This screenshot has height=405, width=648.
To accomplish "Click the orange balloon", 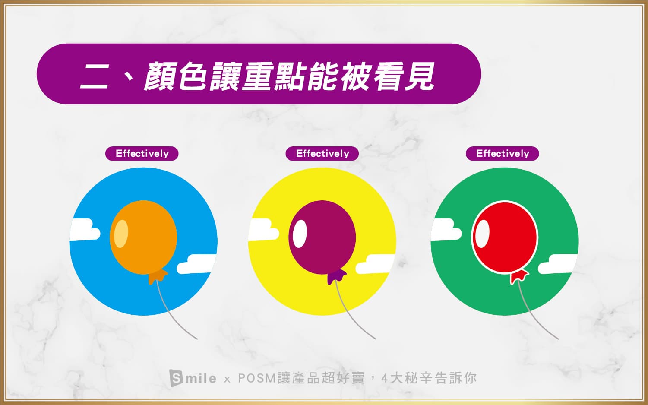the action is coord(143,237).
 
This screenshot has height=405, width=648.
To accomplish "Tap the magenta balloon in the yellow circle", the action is coord(322,237).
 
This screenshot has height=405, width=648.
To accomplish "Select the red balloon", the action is coord(505,237).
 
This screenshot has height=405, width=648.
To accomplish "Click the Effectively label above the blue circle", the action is coord(142,154).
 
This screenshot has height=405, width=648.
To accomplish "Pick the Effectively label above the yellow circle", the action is coord(322,154).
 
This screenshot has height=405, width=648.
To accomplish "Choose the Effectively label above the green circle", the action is coord(503,154).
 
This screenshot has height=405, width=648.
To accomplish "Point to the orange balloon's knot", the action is coord(158,277).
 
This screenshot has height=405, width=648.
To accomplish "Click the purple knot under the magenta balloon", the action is coord(337,277).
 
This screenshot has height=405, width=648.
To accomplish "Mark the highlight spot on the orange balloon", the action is coord(121,234).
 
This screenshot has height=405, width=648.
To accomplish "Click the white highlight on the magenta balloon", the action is coord(300,234).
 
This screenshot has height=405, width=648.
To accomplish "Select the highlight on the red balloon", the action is coord(483,234).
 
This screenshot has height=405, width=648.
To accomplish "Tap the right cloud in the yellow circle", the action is coord(375,264).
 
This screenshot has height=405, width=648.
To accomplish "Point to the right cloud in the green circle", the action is coord(558,264).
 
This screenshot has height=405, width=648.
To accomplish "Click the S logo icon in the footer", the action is coord(176,378).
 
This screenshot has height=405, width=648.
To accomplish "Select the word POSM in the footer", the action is coord(257,378).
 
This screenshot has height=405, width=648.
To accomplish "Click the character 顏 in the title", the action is coord(160,76).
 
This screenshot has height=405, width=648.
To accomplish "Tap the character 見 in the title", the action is coord(420,76).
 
